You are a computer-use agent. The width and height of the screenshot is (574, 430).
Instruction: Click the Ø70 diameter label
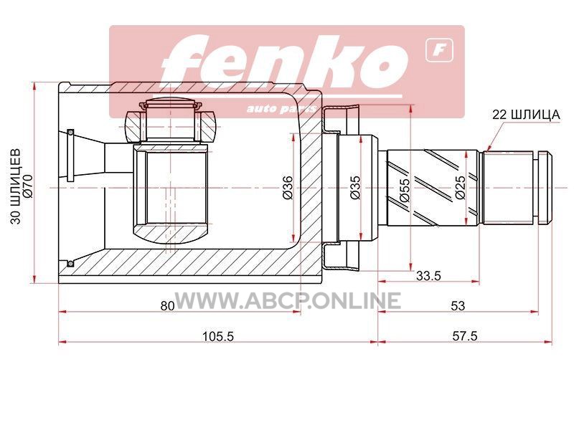click(x=28, y=186)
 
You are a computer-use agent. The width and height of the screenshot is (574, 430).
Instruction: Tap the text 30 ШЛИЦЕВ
click(x=16, y=186)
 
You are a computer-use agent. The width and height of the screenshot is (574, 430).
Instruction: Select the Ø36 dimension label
click(x=288, y=188)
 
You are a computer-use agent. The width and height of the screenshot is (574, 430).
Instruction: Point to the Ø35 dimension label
click(x=355, y=188)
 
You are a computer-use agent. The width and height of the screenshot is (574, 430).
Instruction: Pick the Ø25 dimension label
click(x=460, y=188)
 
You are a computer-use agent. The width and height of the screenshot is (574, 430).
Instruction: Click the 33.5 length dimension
click(x=428, y=276)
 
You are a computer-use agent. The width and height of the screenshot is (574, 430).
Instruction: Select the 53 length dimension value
click(x=458, y=305)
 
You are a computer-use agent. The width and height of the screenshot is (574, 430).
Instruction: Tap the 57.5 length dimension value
click(x=465, y=335)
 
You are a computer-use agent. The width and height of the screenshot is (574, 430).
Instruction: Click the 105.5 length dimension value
click(x=218, y=335)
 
